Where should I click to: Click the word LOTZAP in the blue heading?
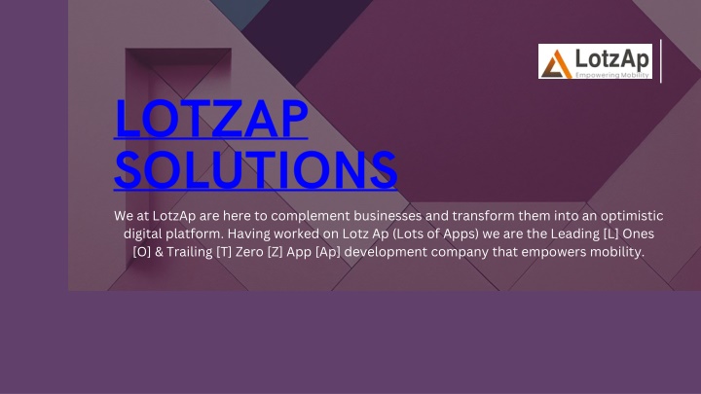pos(211,119)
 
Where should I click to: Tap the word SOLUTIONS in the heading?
pos(256,169)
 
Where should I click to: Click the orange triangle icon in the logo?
pos(557,64)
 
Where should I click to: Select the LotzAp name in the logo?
pos(612,58)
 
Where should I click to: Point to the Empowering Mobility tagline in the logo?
pos(612,75)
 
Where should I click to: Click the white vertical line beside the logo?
pos(661,61)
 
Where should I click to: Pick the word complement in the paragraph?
pos(311,216)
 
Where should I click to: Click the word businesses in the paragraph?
pos(387,216)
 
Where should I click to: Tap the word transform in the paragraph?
pos(483,216)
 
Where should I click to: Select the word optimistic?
pos(632,216)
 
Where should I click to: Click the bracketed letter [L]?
pos(610,234)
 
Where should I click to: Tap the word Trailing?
pos(190,252)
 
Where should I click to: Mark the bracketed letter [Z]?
pos(275,252)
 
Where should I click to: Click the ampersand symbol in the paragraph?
pos(159,252)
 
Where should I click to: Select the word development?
pos(386,252)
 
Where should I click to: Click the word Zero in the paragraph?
pos(249,252)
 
